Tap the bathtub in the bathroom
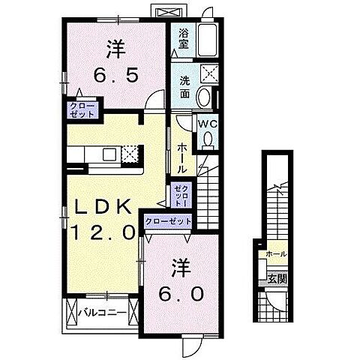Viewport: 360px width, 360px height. [207, 37]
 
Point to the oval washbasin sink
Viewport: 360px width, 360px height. [203, 96]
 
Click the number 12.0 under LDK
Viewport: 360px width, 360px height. [103, 233]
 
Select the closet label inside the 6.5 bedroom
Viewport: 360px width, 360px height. [82, 111]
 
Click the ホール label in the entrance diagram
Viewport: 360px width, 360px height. [275, 255]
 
